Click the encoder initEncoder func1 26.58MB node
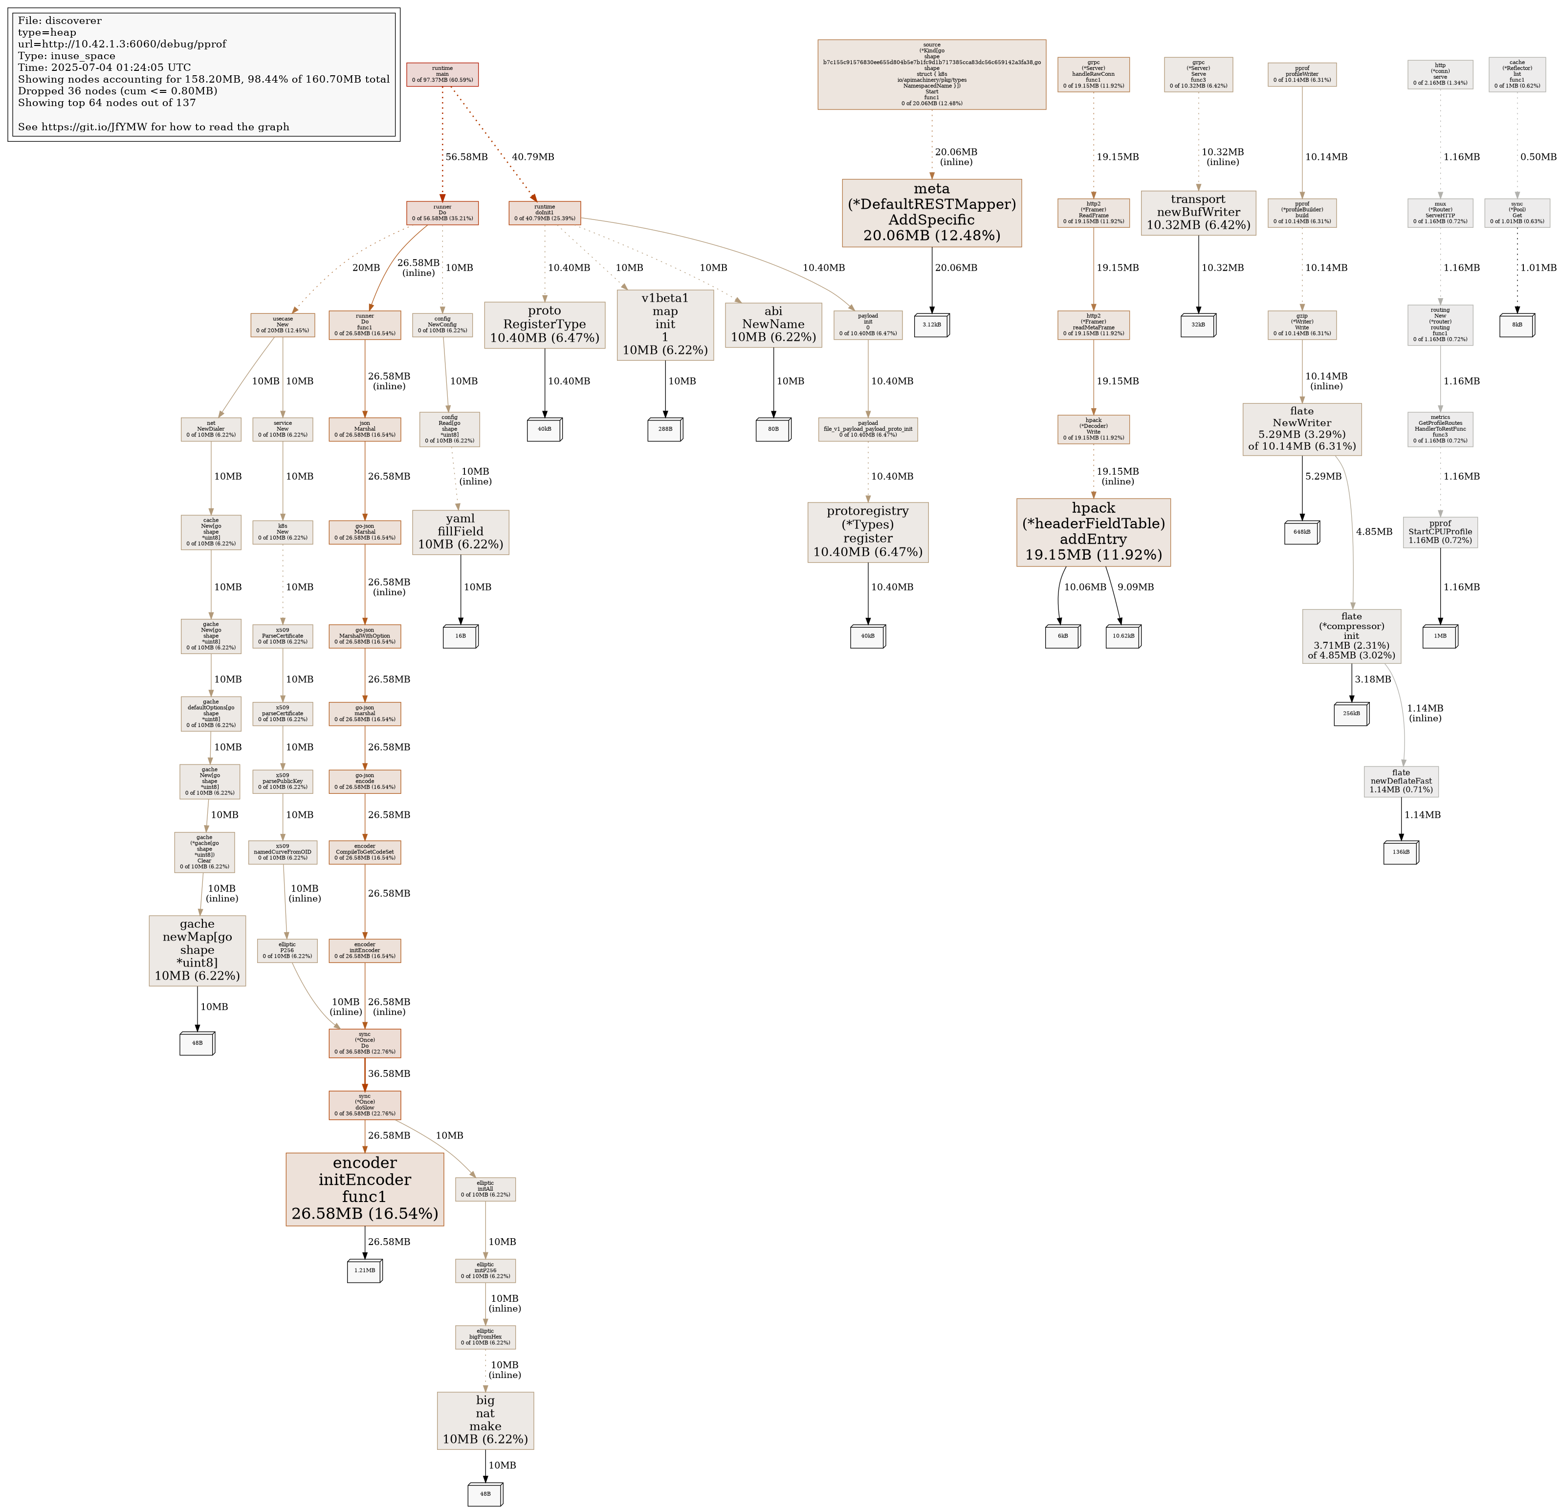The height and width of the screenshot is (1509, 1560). tap(365, 1189)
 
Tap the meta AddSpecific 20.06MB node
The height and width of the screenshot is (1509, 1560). tap(931, 213)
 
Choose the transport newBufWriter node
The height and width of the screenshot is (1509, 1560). tap(1198, 213)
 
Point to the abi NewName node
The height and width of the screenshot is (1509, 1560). tap(773, 325)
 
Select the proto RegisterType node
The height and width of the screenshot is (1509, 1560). tap(545, 325)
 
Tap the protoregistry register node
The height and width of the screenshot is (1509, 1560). tap(868, 532)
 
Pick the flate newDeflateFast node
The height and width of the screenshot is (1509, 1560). tap(1401, 782)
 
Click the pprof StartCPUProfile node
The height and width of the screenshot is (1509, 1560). tap(1440, 532)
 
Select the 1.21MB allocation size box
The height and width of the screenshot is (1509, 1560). tap(365, 1271)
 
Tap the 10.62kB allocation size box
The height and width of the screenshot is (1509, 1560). tap(1122, 637)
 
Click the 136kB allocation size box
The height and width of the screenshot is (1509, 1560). tap(1401, 853)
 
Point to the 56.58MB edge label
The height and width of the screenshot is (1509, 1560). tap(466, 157)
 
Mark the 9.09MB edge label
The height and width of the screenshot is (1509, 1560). tap(1135, 588)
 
